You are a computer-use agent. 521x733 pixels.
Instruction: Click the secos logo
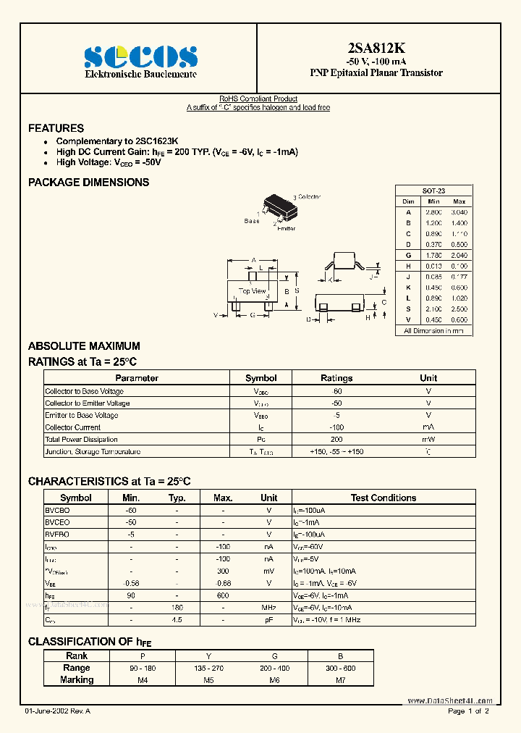pos(140,56)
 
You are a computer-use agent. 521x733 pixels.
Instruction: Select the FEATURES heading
pos(56,128)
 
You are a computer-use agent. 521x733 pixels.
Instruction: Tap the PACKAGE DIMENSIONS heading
pos(88,183)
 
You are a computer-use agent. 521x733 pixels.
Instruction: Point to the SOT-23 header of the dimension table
pos(433,190)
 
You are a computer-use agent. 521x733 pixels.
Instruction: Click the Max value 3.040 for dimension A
pos(459,211)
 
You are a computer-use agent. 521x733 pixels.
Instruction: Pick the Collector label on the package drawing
pos(309,197)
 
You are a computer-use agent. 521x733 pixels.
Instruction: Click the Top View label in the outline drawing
pos(253,291)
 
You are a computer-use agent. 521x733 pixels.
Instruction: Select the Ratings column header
pos(336,378)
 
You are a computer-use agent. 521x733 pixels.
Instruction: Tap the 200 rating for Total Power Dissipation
pos(336,440)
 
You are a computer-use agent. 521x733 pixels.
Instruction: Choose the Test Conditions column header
pos(384,498)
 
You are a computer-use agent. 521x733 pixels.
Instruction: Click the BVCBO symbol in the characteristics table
pos(57,510)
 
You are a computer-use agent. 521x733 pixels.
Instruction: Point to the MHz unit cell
pos(268,608)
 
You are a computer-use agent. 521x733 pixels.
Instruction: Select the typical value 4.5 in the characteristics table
pos(177,620)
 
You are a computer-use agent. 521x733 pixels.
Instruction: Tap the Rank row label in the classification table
pos(77,656)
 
